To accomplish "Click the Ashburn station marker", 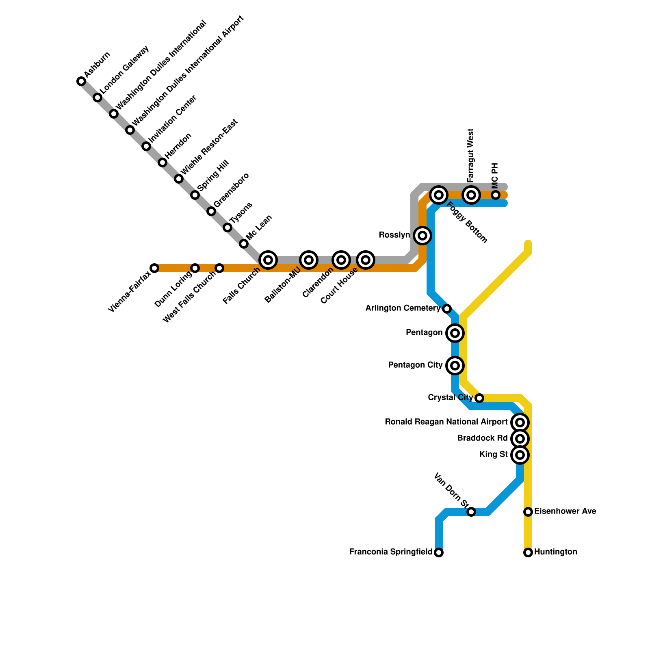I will [x=81, y=81].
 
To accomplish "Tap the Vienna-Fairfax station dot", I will [x=154, y=268].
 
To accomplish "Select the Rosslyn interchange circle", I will [x=422, y=236].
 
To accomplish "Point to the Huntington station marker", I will [x=528, y=552].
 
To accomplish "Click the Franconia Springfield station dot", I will [x=439, y=552].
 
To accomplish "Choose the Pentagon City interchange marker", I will [x=455, y=366].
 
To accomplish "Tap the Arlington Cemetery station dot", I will [x=447, y=309].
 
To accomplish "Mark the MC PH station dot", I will [x=496, y=195].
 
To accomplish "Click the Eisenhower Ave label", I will [x=565, y=511].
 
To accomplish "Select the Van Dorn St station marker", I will [x=471, y=512].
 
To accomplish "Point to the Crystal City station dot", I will [x=479, y=398].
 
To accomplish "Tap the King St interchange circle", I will [x=520, y=455].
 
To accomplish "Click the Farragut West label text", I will [x=471, y=156].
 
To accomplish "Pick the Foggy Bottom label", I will [x=467, y=223].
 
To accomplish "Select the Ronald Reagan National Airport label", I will [x=446, y=422].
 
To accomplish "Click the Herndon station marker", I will [x=162, y=162].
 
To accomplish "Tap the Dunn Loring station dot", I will [x=195, y=268].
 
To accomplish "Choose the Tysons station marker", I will [x=227, y=227].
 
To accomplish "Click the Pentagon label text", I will [x=424, y=333].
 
